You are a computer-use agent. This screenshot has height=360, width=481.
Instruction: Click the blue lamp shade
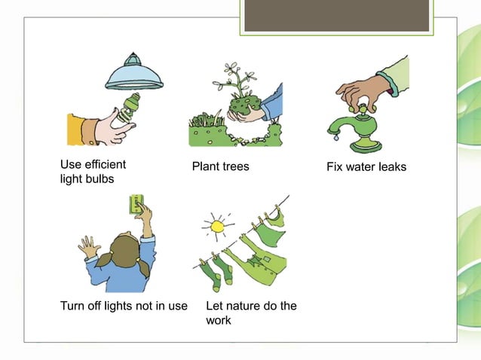click(x=134, y=75)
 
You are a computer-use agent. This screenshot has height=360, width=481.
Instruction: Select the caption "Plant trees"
click(x=220, y=166)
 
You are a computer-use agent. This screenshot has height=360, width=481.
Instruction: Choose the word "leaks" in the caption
click(x=390, y=166)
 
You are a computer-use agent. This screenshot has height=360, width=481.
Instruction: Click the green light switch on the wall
click(x=137, y=205)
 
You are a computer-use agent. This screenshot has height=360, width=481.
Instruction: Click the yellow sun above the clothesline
click(x=218, y=225)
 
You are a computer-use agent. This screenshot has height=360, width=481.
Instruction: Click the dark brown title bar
click(x=336, y=15)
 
